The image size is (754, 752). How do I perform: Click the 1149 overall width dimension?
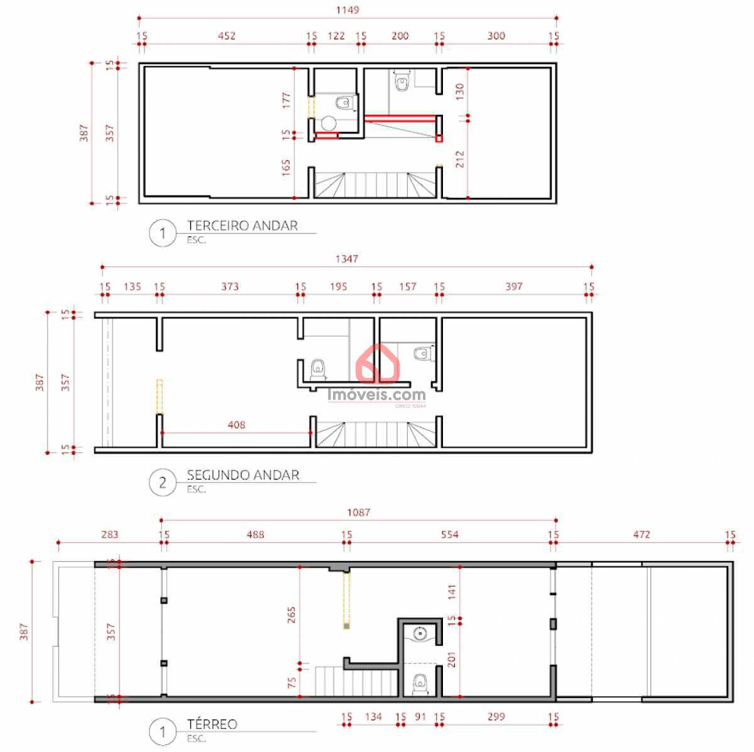(x=347, y=10)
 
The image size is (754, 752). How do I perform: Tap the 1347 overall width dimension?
(x=347, y=258)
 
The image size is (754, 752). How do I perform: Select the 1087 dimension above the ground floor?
(x=359, y=512)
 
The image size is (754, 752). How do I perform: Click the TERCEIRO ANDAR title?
(x=242, y=226)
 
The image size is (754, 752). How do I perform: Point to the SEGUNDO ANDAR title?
(x=243, y=475)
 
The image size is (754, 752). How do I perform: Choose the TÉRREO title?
(x=212, y=724)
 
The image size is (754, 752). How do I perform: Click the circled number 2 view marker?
(x=163, y=482)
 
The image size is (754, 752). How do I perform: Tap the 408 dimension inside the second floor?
(x=236, y=425)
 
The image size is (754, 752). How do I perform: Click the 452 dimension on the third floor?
(x=226, y=36)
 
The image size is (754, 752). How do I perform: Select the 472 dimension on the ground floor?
(x=642, y=535)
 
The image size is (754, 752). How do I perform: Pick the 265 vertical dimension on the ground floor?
(x=291, y=614)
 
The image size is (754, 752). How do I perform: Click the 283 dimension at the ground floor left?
(x=109, y=535)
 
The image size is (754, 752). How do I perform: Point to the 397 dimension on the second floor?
(x=514, y=286)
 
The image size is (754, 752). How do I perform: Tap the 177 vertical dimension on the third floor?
(x=286, y=100)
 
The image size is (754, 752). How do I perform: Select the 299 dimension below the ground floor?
(x=496, y=716)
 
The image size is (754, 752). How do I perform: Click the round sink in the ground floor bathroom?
(x=421, y=633)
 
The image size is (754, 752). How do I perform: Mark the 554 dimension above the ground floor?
(x=450, y=535)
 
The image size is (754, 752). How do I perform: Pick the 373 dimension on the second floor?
(x=230, y=286)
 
